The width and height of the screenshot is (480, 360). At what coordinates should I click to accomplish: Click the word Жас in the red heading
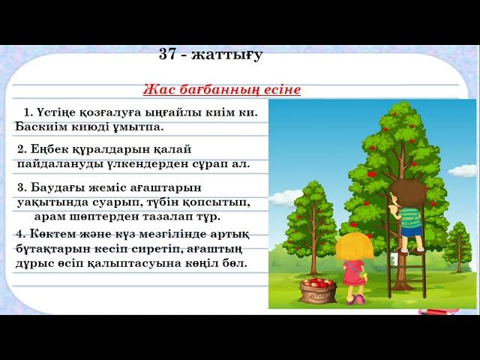pyautogui.click(x=154, y=90)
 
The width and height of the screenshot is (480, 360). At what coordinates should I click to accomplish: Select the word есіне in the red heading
pyautogui.click(x=282, y=90)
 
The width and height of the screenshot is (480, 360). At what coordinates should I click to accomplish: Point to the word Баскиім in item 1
pyautogui.click(x=37, y=126)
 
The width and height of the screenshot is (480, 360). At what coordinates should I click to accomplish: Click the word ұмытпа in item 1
pyautogui.click(x=138, y=126)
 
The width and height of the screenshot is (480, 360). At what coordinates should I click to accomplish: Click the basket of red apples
pyautogui.click(x=318, y=289)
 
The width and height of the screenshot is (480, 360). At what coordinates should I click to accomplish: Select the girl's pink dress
pyautogui.click(x=353, y=271)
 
